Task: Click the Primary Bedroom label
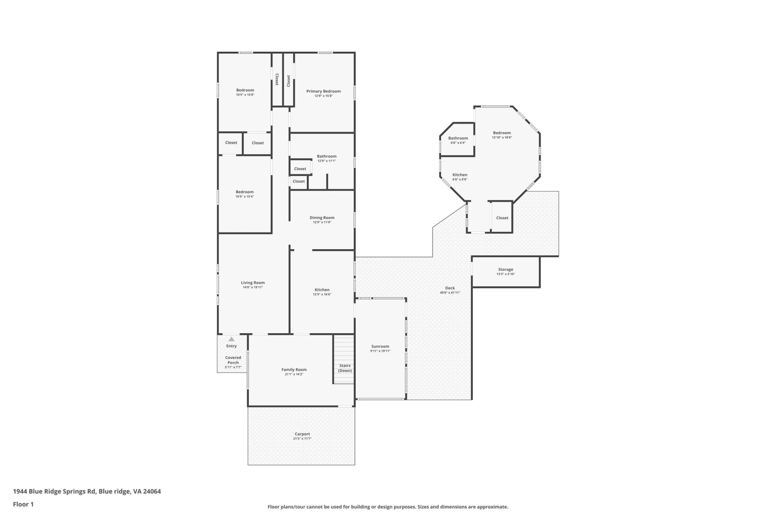coord(323,91)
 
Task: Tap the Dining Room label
coord(322,218)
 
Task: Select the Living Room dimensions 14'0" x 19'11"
coord(253,288)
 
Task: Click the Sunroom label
coord(380,347)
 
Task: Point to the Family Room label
coord(294,370)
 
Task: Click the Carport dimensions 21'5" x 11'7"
coord(302,439)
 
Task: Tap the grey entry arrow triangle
coord(232,339)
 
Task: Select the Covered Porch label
coord(233,360)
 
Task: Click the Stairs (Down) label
coord(345,368)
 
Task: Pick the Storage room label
coord(506,269)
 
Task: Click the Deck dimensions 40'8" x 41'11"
coord(450,293)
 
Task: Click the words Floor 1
coord(23,504)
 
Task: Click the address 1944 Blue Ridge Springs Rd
coord(55,492)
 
